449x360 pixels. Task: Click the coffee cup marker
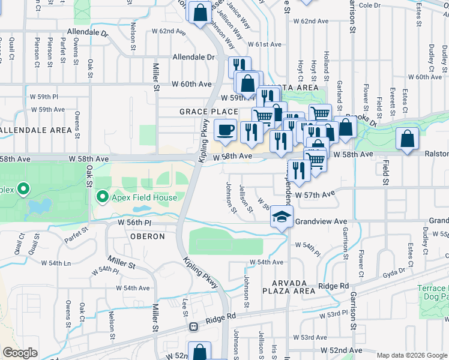[x=225, y=130]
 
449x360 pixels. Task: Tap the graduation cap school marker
[x=280, y=217]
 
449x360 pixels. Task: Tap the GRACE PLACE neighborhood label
[x=208, y=112]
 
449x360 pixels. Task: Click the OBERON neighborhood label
[x=148, y=236]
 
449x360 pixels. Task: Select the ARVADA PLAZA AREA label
[x=289, y=287]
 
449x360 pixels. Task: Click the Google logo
[x=20, y=353]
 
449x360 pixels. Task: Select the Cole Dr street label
[x=369, y=5]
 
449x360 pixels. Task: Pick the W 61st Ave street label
[x=264, y=44]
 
